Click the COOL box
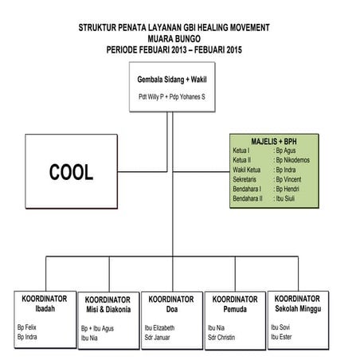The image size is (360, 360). (71, 171)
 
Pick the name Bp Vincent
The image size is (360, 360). (289, 180)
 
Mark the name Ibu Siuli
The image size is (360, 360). (286, 199)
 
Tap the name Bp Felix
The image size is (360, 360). (27, 327)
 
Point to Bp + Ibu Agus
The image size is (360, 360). (97, 327)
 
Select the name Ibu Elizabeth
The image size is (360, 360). (158, 327)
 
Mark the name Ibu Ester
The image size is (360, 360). (280, 336)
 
